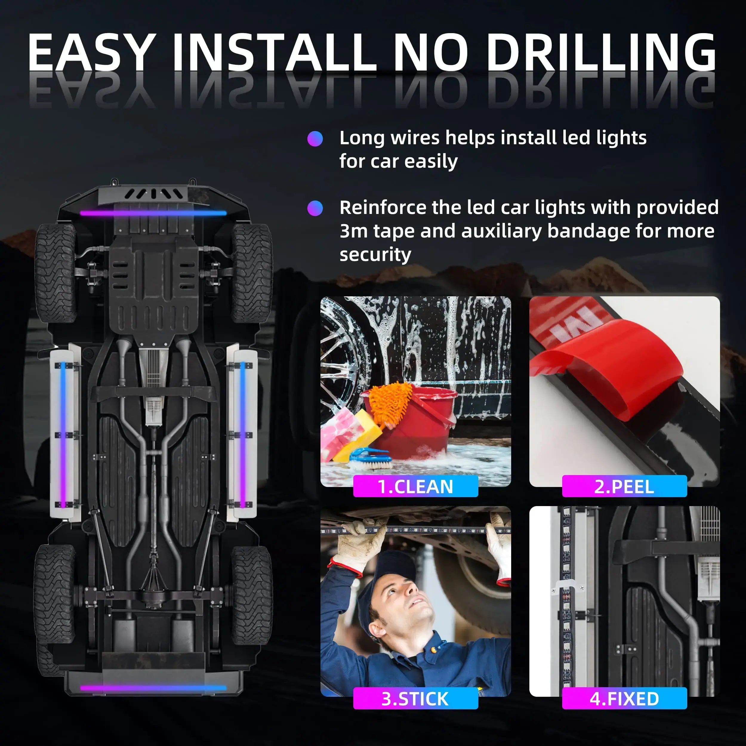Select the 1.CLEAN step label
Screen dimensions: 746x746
pyautogui.click(x=415, y=486)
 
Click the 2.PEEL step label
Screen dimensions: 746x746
pyautogui.click(x=624, y=486)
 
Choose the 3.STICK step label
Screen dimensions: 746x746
pyautogui.click(x=415, y=699)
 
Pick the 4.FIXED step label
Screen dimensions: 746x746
pyautogui.click(x=624, y=699)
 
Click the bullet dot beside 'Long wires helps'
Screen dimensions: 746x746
pyautogui.click(x=315, y=139)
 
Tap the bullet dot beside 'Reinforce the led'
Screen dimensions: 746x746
pyautogui.click(x=315, y=209)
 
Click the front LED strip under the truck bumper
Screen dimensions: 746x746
pyautogui.click(x=153, y=213)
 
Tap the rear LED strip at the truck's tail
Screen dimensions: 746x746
pyautogui.click(x=153, y=688)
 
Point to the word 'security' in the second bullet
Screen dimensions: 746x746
pyautogui.click(x=375, y=255)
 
